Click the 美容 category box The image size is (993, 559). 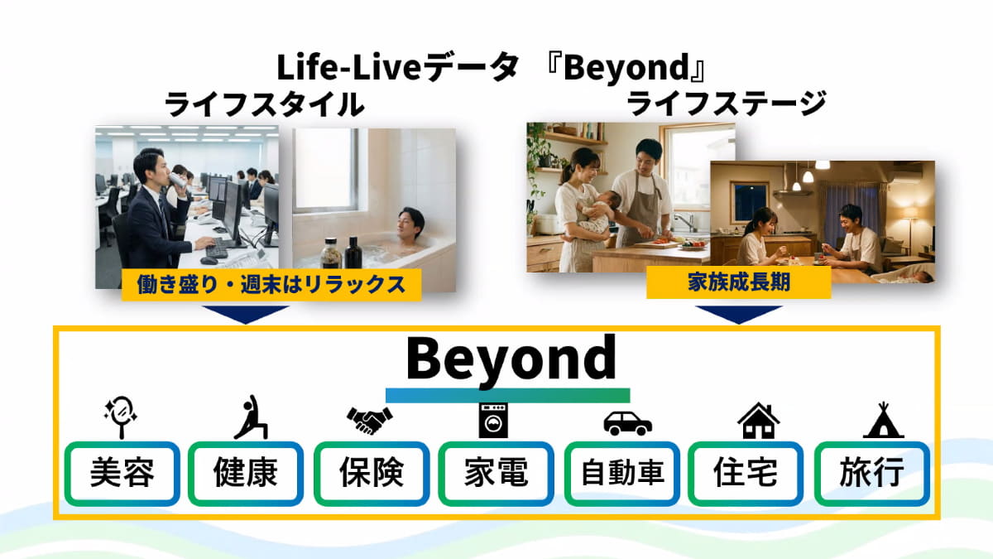(122, 473)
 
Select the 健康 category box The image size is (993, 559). (246, 473)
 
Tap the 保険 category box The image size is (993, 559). (372, 473)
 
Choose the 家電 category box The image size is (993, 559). (496, 473)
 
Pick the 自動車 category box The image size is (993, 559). (622, 473)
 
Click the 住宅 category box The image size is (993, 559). (746, 473)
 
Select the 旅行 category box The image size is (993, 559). (872, 473)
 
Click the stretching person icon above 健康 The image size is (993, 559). (251, 417)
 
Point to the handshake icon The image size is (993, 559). (370, 420)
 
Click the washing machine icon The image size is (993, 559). (493, 420)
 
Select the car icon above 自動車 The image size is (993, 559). (628, 423)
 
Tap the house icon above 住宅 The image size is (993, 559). (759, 421)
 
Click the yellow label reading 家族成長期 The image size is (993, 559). (738, 282)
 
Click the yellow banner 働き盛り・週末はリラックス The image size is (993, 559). (271, 285)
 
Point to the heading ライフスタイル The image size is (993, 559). (264, 104)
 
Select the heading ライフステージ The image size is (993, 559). (727, 103)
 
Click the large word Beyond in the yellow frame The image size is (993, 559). (511, 359)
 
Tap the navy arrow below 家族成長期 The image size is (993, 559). (738, 313)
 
